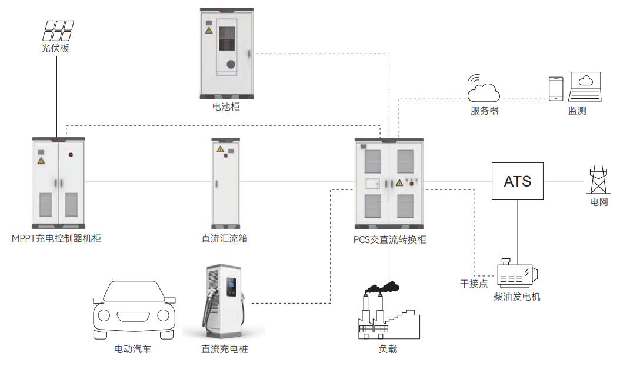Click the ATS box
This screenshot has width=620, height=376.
pyautogui.click(x=517, y=181)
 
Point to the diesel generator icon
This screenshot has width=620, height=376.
pyautogui.click(x=516, y=274)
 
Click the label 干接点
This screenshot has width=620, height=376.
pyautogui.click(x=474, y=284)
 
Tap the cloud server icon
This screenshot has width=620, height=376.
pyautogui.click(x=484, y=89)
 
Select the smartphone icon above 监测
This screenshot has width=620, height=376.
pyautogui.click(x=556, y=88)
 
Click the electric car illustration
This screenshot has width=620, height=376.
pyautogui.click(x=134, y=310)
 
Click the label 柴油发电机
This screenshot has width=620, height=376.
pyautogui.click(x=517, y=297)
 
